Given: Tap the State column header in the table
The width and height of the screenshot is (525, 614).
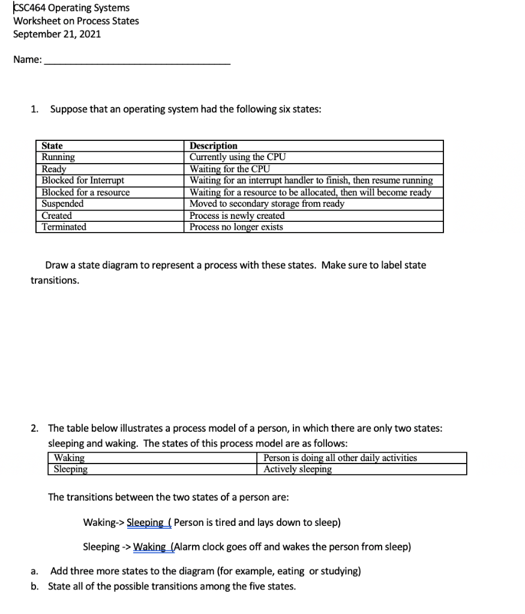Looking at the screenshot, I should [52, 146].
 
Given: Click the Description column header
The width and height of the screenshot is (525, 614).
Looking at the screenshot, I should [214, 146].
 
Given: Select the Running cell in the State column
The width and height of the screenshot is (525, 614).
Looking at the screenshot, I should [58, 157].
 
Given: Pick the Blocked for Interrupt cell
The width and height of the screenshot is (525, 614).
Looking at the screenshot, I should [83, 180].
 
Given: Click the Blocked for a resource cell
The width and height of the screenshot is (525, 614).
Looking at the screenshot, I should [85, 192].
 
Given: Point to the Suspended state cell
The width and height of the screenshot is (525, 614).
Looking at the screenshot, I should [62, 204].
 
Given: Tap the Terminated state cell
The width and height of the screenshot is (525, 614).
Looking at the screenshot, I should [64, 227].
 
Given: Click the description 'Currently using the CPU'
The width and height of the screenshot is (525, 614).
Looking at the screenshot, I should [238, 157].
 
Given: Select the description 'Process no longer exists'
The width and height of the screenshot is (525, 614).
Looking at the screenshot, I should [236, 227].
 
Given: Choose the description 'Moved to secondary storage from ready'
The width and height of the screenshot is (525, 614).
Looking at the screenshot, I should [267, 204].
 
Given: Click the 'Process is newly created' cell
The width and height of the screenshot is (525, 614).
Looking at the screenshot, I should [237, 215].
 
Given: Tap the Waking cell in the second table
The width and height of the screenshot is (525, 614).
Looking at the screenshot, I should [69, 458].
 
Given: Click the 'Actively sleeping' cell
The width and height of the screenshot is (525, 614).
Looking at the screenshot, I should [298, 469].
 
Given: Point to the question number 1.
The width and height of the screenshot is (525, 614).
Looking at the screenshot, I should [35, 109].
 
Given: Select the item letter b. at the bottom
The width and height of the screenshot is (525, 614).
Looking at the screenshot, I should [35, 586].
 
